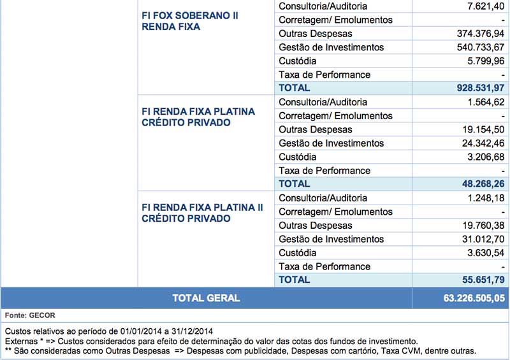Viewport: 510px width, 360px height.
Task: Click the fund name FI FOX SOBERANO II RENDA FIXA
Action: coord(190,21)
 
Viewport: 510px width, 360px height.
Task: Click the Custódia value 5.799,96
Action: coord(485,61)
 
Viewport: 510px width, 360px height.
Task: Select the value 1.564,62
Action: coord(486,102)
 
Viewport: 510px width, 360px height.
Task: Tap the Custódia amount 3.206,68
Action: coord(486,157)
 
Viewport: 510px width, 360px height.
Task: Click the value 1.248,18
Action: coord(486,198)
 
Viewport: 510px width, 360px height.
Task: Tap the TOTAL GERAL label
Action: coord(206,298)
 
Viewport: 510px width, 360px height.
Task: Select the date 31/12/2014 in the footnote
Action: coord(191,331)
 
